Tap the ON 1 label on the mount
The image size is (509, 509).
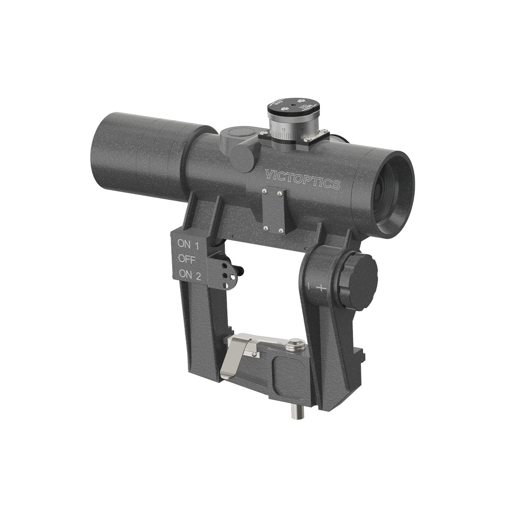tap(188, 244)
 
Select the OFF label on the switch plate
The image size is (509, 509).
tap(187, 259)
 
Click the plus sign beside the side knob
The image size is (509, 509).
tap(322, 288)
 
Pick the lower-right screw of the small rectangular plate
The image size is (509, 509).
tap(281, 232)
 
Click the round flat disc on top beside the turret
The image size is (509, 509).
tap(240, 131)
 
